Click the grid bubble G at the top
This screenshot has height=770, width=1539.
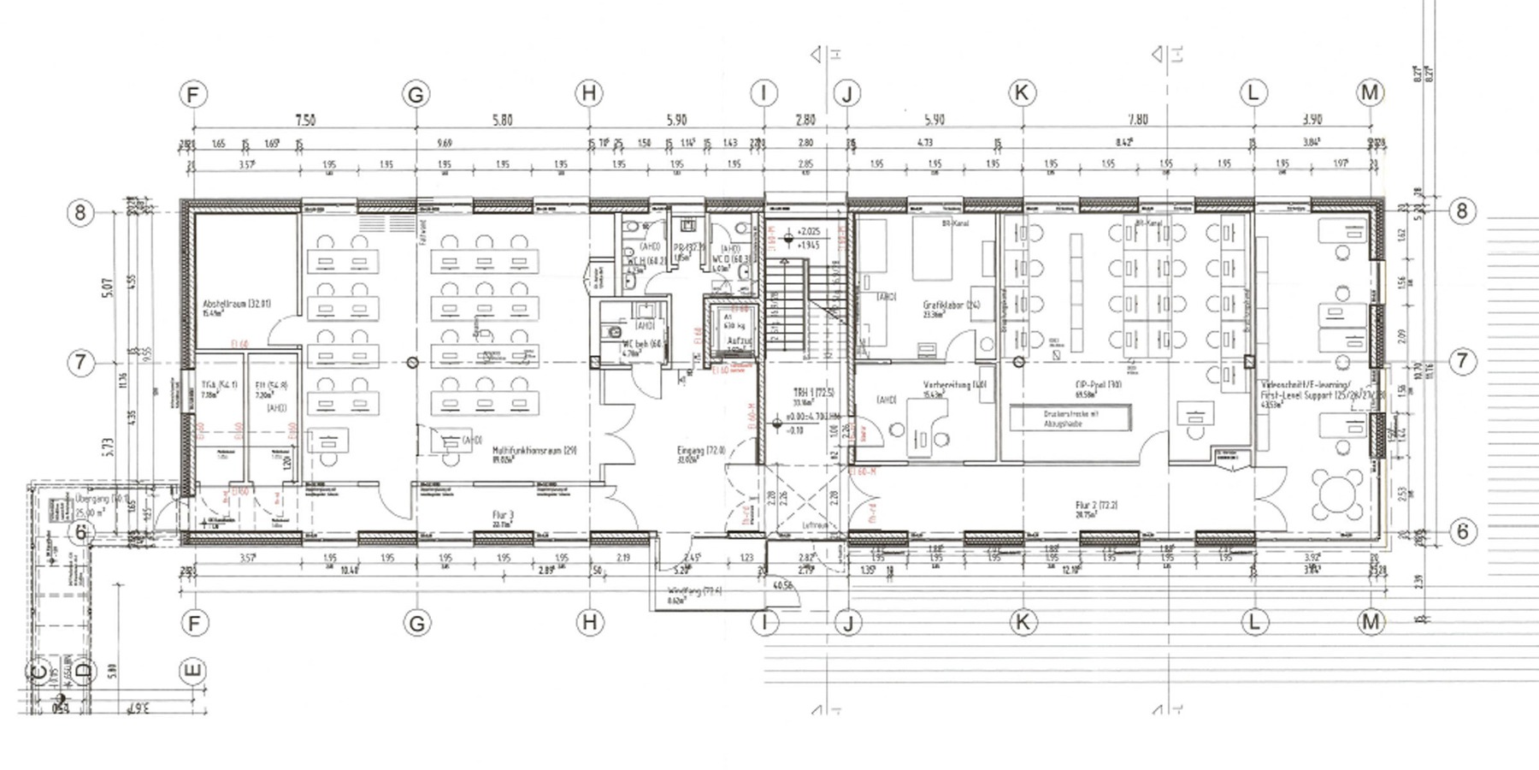(x=416, y=94)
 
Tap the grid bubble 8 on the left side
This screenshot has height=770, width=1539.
(x=80, y=211)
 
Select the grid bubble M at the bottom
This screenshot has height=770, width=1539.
(x=1371, y=622)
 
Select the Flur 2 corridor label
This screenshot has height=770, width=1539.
(x=1097, y=506)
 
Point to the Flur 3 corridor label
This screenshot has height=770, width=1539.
(x=503, y=515)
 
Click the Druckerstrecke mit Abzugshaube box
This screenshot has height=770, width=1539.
(x=1070, y=418)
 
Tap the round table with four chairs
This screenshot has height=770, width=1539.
(x=1338, y=494)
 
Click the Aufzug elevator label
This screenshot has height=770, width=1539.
(x=738, y=341)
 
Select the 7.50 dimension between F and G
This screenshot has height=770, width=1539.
(x=304, y=120)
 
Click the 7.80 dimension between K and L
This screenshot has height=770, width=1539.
(x=1137, y=120)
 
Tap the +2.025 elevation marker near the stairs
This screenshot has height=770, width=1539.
(x=808, y=232)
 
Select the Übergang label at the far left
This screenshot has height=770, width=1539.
(x=90, y=498)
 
